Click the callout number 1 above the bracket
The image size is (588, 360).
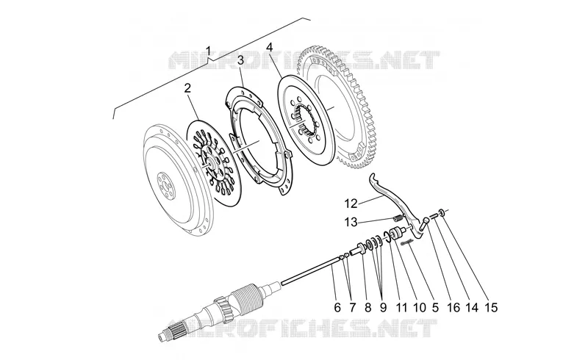(x=209, y=51)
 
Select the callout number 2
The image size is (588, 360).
(x=187, y=88)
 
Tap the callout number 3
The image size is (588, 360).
(x=240, y=60)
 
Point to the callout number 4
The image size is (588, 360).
(x=270, y=48)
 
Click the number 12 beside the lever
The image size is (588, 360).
(x=351, y=204)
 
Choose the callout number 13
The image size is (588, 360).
(x=351, y=223)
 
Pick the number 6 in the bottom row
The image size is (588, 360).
(x=337, y=308)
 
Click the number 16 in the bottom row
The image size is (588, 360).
(x=453, y=308)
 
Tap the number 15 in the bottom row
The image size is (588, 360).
(x=491, y=308)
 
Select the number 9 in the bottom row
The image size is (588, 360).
(x=383, y=308)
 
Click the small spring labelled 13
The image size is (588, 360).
(x=398, y=217)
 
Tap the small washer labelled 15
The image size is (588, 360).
(x=442, y=213)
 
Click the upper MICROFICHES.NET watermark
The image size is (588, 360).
(x=304, y=60)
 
